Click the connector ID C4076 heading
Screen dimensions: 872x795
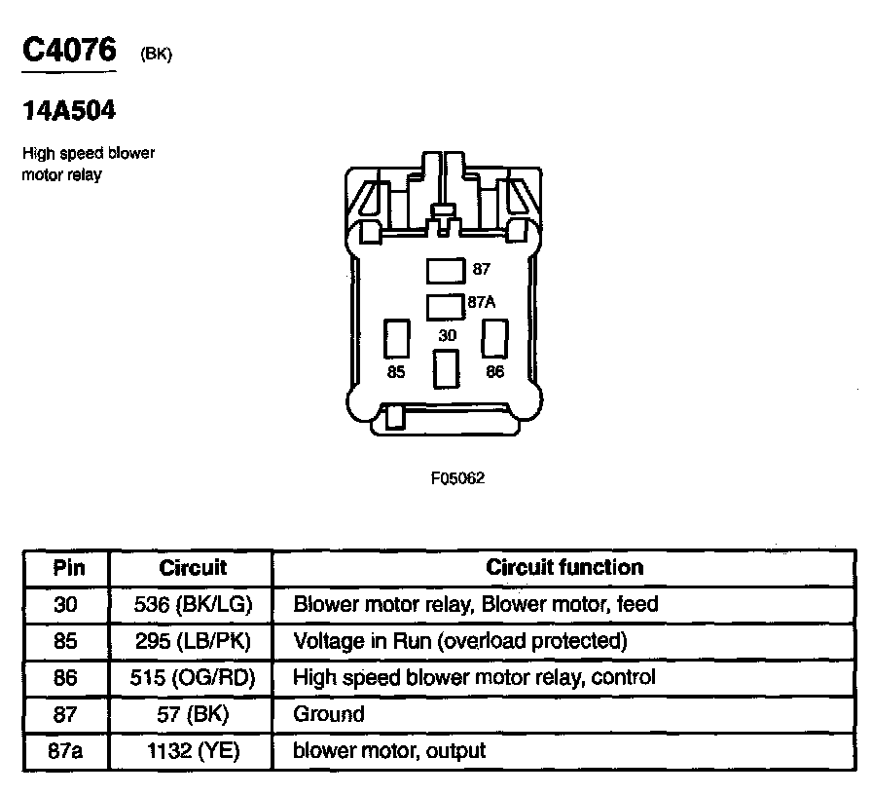coord(69,50)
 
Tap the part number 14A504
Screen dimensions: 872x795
coord(69,111)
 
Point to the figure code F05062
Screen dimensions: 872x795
coord(457,478)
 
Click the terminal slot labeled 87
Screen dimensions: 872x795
coord(447,269)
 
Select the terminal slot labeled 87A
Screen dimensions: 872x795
coord(447,305)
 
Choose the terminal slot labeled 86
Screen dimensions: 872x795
coord(495,337)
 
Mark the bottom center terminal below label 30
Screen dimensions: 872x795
coord(446,370)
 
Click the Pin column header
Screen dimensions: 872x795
coord(68,567)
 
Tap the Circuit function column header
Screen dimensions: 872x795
coord(564,567)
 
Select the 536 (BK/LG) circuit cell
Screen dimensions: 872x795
coord(193,604)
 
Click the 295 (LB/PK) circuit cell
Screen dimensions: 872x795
coord(193,640)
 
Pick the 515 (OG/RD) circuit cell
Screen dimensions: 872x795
coord(193,677)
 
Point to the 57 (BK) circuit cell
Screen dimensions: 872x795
coord(193,714)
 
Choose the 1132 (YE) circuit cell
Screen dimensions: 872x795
coord(193,750)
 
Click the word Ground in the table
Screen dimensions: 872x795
coord(329,714)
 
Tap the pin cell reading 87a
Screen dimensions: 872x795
coord(66,750)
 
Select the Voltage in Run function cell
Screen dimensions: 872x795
coord(460,640)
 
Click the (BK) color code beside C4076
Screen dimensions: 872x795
coord(156,55)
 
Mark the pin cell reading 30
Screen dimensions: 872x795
coord(66,604)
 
